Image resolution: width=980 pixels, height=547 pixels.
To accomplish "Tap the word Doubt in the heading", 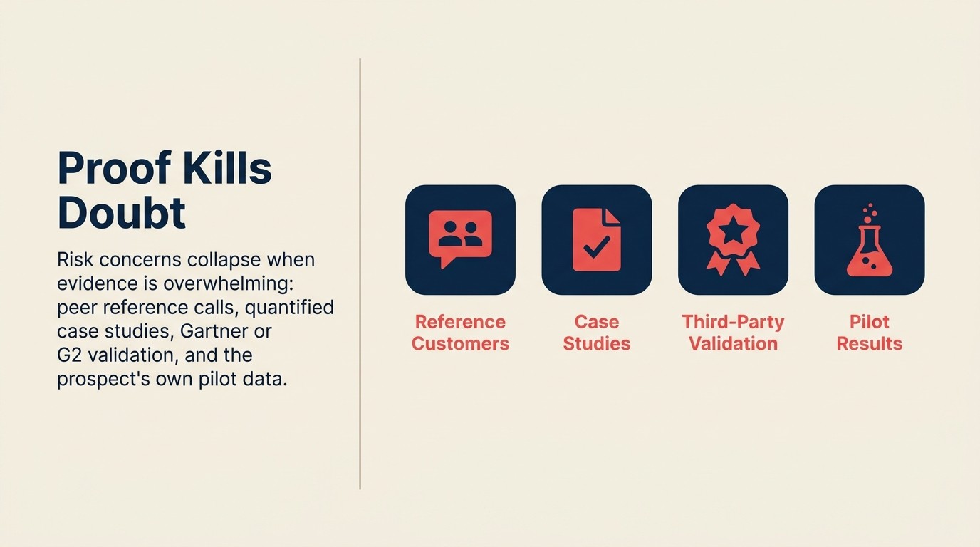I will [121, 212].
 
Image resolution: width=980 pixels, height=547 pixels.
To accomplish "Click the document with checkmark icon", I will [597, 239].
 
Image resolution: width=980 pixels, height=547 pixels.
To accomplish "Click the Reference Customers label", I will [460, 333].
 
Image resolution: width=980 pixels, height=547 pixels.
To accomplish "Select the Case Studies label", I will [597, 333].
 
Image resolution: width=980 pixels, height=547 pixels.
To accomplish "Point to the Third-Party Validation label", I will [733, 333].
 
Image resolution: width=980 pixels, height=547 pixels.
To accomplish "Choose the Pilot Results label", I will [869, 333].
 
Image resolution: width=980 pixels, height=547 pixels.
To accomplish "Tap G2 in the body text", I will [68, 355].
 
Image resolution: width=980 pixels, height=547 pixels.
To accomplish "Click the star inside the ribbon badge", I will [733, 230].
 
